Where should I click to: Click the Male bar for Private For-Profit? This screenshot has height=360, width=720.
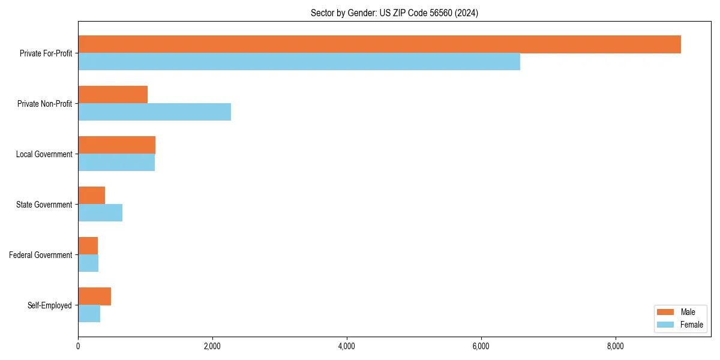[x=379, y=44]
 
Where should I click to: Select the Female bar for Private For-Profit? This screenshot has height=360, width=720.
[x=299, y=62]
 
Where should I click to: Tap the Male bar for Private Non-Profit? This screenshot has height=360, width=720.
[x=113, y=95]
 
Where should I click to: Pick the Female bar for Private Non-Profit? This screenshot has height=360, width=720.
[x=154, y=112]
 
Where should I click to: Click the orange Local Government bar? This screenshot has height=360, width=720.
[x=116, y=145]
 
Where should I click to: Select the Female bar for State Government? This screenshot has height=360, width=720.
[x=100, y=213]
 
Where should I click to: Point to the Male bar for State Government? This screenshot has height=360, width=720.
[x=91, y=196]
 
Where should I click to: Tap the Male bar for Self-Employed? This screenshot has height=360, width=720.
[x=94, y=296]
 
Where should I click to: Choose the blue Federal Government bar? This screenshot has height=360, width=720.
[x=88, y=263]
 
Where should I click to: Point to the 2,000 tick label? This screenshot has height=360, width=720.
[x=212, y=346]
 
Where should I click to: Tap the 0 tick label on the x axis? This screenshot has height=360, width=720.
[x=78, y=346]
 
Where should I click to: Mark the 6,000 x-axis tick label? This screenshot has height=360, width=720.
[x=481, y=346]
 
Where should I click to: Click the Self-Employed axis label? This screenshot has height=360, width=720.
[x=50, y=305]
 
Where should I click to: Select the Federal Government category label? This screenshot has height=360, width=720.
[x=41, y=255]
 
